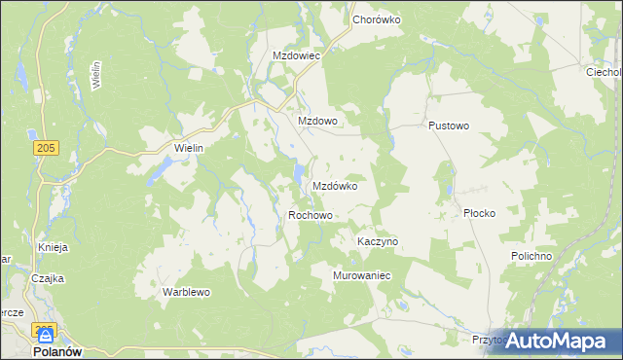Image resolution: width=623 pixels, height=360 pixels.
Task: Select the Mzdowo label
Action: click(x=316, y=121)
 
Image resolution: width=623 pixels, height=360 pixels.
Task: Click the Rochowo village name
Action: click(x=311, y=215)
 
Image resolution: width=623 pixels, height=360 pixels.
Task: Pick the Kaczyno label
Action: click(x=378, y=240)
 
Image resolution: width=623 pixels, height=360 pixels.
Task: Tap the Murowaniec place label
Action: click(x=362, y=275)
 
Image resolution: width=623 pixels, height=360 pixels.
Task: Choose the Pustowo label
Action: click(x=449, y=126)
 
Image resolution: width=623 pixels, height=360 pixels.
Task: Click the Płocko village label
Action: click(x=480, y=213)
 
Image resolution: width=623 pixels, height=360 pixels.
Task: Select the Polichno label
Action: click(x=531, y=255)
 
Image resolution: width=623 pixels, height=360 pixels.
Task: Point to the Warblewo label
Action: click(x=186, y=292)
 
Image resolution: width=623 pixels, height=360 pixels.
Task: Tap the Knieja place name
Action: click(x=53, y=247)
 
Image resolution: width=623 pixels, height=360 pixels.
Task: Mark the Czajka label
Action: click(x=47, y=278)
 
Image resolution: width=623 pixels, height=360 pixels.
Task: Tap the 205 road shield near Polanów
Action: click(x=42, y=330)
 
